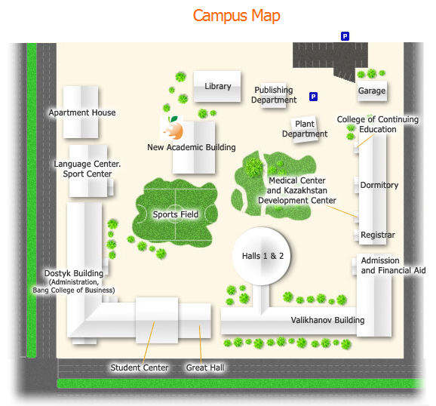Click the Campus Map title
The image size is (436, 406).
click(x=236, y=16)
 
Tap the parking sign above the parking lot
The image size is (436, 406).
click(x=345, y=36)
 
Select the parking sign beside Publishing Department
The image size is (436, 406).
click(x=313, y=97)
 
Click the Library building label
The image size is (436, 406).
click(x=218, y=86)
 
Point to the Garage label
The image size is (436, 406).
click(x=372, y=91)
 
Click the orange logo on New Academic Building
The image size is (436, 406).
click(x=172, y=128)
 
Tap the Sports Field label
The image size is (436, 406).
click(x=176, y=214)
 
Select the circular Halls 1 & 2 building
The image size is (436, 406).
click(x=262, y=256)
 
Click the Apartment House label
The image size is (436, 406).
click(x=82, y=112)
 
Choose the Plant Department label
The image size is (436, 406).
click(x=305, y=129)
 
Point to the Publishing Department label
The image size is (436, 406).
click(x=274, y=95)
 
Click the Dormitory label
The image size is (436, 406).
click(x=379, y=185)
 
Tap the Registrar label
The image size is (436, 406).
click(x=378, y=235)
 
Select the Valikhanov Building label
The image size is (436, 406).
click(x=327, y=320)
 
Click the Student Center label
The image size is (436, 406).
click(x=140, y=368)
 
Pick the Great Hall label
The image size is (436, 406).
click(x=205, y=368)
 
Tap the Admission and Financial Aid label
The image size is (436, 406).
click(x=393, y=266)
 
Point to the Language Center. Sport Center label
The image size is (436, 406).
click(x=88, y=169)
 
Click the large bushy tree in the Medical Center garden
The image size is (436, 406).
click(x=253, y=167)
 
